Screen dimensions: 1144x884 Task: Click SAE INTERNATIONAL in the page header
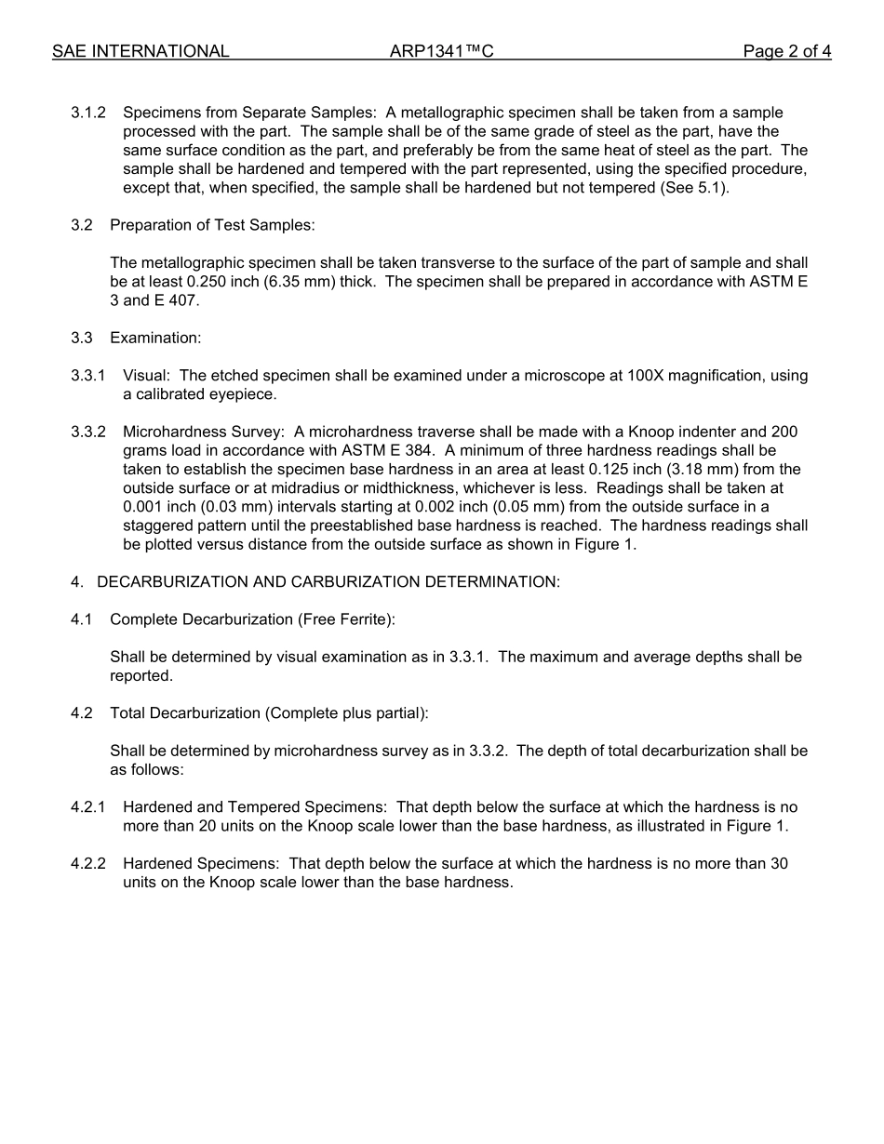coord(141,52)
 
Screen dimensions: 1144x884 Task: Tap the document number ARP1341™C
coord(441,52)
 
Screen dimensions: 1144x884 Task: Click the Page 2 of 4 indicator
coord(786,52)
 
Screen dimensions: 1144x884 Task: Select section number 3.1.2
coord(87,113)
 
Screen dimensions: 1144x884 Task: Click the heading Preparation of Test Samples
coord(212,225)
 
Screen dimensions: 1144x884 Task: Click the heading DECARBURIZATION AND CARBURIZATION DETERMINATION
coord(328,582)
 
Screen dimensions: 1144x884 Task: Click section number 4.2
coord(82,713)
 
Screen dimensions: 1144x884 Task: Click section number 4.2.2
coord(87,863)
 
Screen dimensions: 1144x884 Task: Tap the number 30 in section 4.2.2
coord(777,863)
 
